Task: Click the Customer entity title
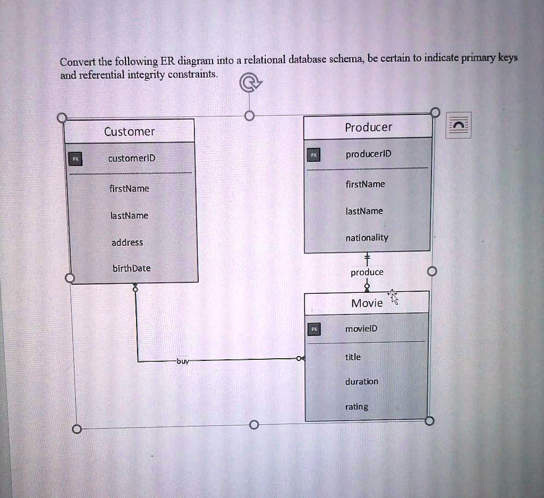tap(129, 132)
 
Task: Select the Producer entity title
tap(368, 127)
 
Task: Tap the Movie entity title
tap(367, 303)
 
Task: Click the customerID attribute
tap(131, 158)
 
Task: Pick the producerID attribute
tap(368, 154)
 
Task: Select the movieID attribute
tap(361, 328)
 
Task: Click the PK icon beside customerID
tap(75, 158)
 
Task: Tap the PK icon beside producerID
tap(314, 154)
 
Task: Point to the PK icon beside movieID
tap(314, 329)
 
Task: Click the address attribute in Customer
tap(127, 242)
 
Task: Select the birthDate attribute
tap(131, 268)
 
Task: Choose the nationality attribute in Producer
tap(367, 238)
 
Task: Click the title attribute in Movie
tap(353, 357)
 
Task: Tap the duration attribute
tap(362, 382)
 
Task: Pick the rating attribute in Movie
tap(356, 407)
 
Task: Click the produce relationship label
tap(367, 273)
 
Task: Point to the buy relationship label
tap(182, 361)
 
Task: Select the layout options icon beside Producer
tap(458, 125)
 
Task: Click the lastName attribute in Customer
tap(129, 215)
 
